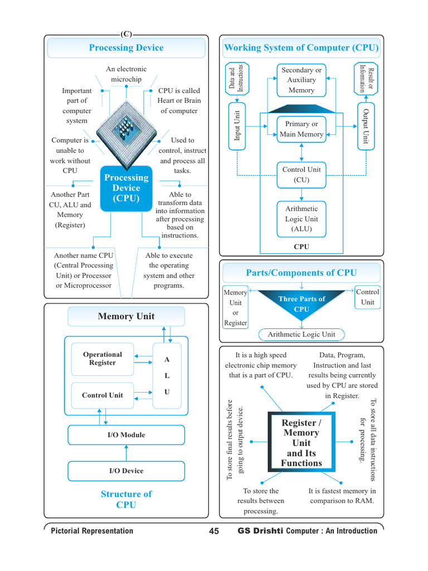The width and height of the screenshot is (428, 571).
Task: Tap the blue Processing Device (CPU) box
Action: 127,188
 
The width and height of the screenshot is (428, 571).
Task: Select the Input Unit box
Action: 237,126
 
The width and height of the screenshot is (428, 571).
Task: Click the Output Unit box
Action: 366,126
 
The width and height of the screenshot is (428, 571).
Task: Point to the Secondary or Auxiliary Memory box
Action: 301,80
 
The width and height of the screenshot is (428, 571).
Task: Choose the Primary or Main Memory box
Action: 301,129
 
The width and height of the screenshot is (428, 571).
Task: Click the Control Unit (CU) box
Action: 301,175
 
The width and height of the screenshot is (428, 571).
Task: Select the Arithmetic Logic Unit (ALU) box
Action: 301,219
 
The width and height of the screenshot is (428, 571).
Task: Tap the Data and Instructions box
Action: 237,78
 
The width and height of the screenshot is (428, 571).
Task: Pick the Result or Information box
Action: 366,78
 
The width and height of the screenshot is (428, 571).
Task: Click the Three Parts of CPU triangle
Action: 301,302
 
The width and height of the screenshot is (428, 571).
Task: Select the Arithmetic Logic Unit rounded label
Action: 301,335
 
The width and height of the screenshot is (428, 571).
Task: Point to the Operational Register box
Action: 103,359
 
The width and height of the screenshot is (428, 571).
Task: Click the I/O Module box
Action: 127,435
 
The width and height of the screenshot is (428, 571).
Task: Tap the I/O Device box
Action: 127,471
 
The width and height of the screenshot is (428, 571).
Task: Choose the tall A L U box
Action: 167,376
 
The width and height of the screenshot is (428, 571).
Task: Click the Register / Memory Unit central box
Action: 301,442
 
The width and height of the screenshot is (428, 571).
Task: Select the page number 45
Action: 214,531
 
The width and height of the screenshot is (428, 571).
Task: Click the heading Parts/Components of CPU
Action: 301,273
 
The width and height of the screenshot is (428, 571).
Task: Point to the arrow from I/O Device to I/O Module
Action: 127,453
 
